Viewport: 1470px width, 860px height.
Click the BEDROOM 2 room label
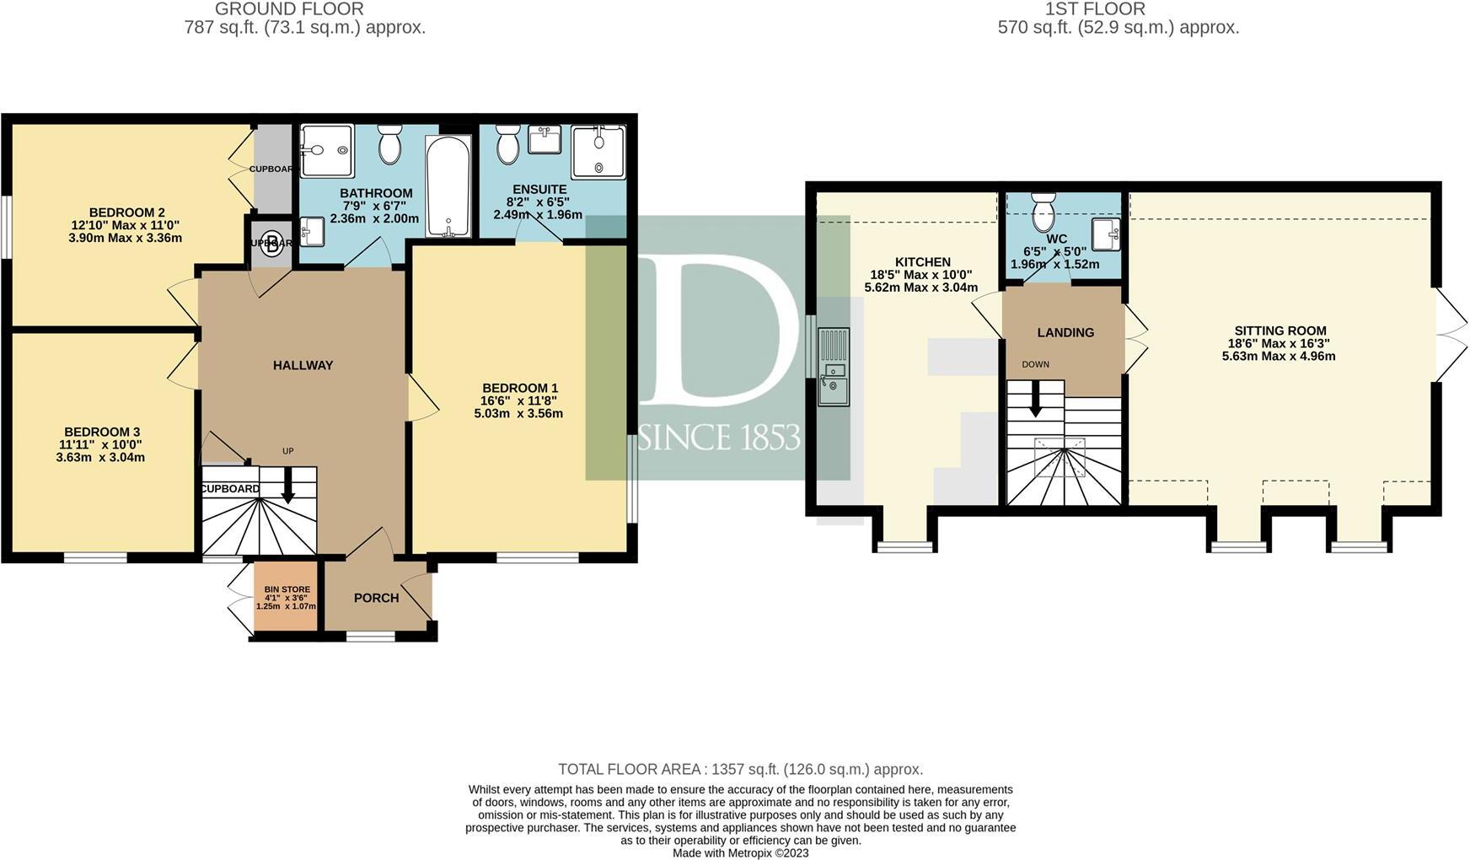click(126, 212)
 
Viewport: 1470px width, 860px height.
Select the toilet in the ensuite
click(507, 145)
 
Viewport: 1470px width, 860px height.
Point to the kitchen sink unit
click(833, 368)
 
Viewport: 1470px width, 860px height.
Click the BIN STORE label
click(287, 589)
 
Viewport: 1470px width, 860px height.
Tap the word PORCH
click(376, 598)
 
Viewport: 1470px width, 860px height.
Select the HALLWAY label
click(303, 365)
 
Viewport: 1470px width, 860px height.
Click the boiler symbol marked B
click(271, 245)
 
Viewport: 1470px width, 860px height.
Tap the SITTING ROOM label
click(1280, 331)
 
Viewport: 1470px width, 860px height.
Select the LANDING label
click(1065, 333)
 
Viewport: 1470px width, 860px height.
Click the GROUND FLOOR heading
click(289, 9)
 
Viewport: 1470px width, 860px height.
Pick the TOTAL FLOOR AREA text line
click(740, 769)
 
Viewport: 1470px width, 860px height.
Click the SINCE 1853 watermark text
click(719, 438)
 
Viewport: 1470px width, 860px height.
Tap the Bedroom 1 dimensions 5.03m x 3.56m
click(518, 413)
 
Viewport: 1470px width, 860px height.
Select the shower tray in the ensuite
click(598, 152)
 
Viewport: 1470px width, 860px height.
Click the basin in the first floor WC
click(1104, 231)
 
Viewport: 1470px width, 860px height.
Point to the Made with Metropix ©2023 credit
click(740, 852)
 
